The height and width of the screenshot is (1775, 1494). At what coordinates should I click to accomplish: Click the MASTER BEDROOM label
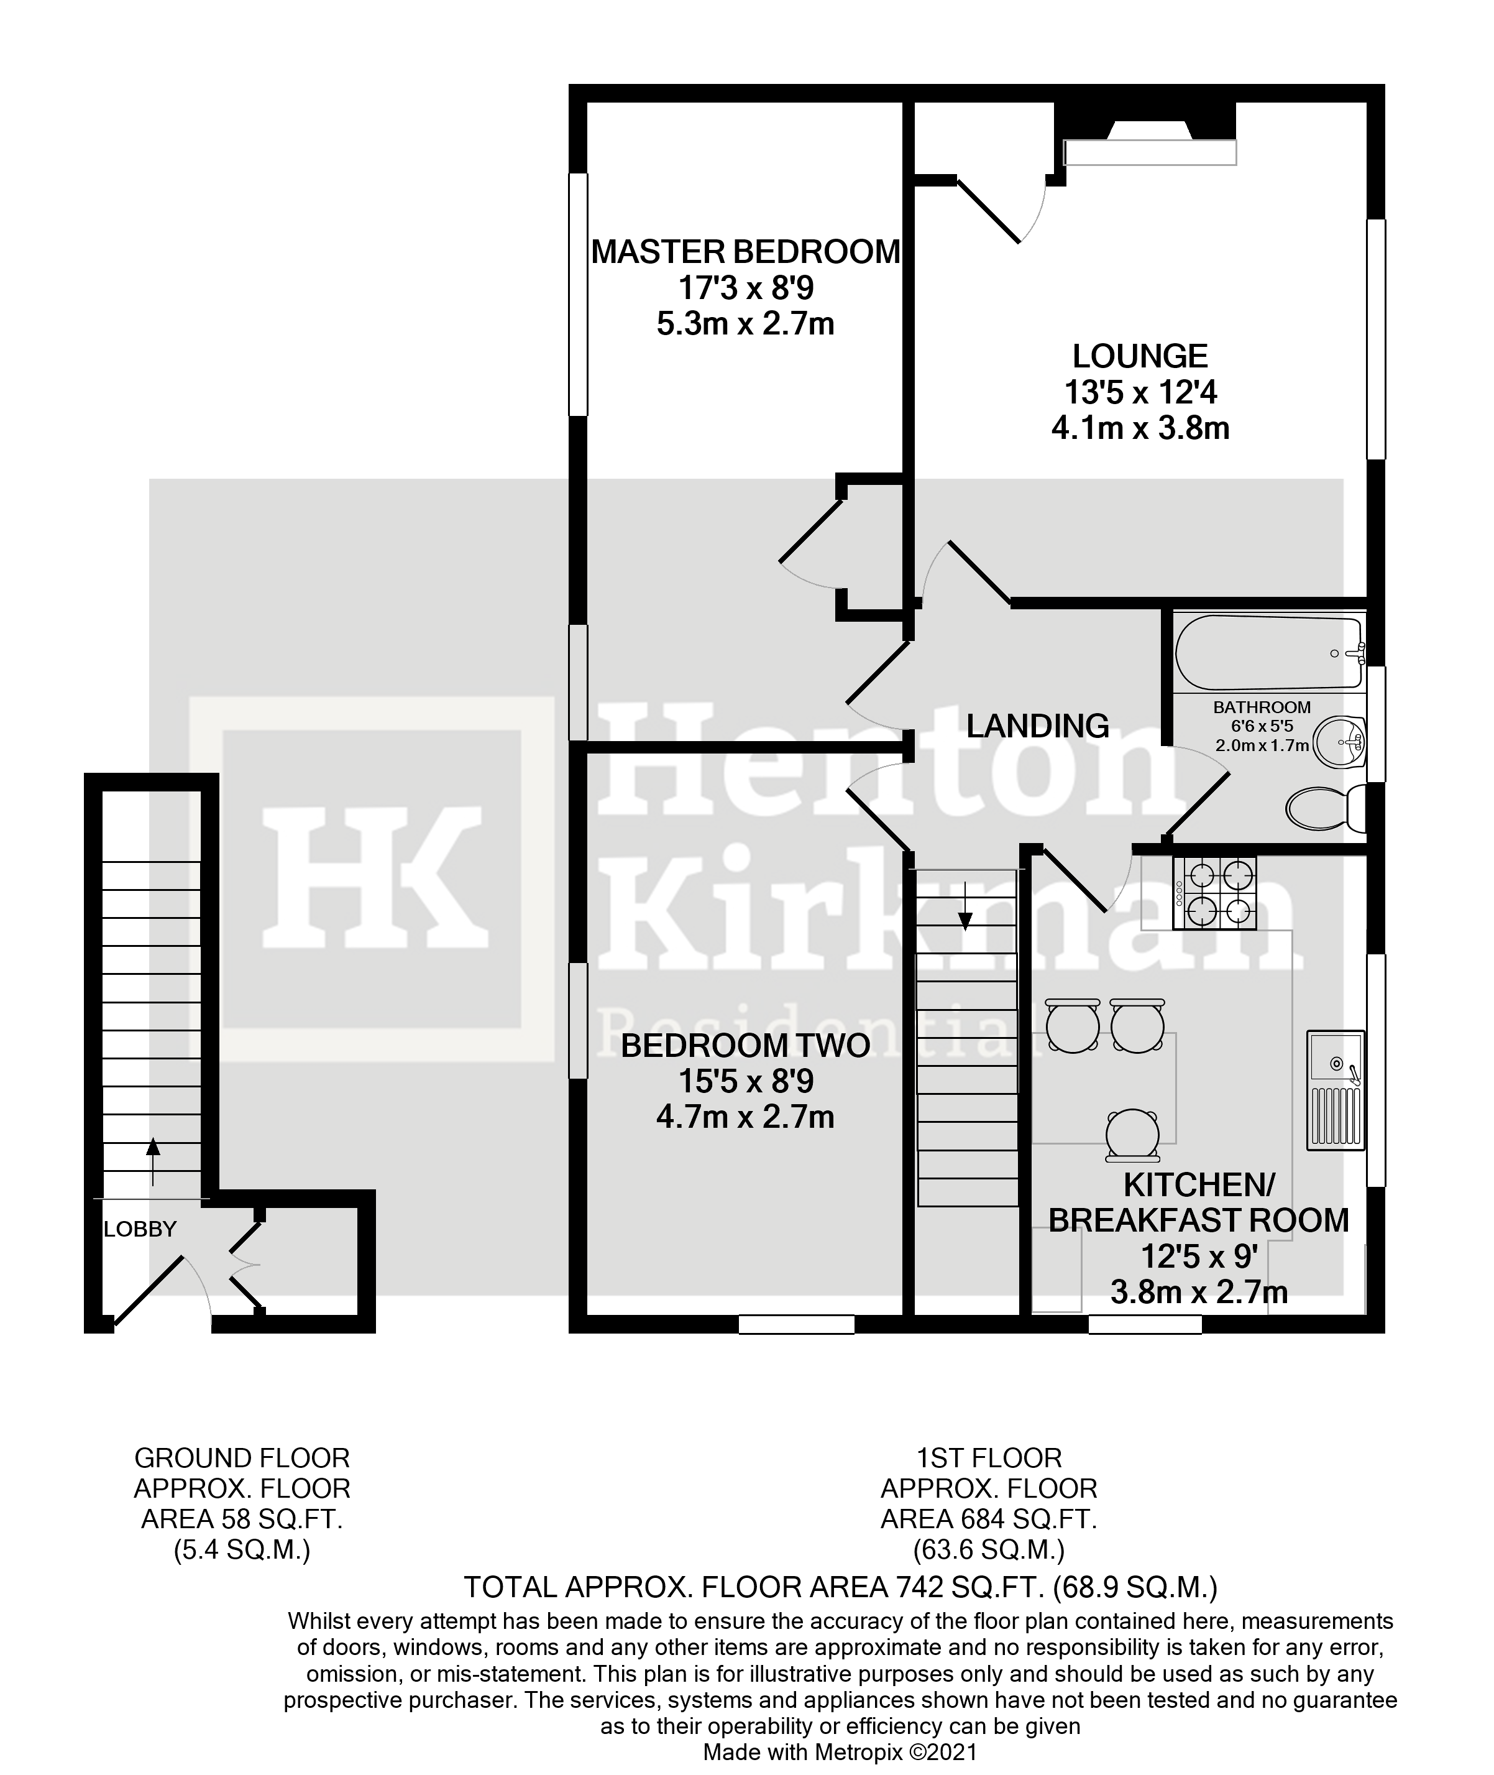point(745,252)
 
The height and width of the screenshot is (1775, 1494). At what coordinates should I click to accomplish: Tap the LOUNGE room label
point(1140,356)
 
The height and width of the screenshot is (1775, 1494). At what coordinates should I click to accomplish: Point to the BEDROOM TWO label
point(745,1046)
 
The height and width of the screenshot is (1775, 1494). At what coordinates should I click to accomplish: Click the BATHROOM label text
point(1261,708)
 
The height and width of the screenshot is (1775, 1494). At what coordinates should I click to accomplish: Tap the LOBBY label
point(140,1229)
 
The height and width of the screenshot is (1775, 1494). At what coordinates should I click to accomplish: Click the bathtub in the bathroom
point(1268,652)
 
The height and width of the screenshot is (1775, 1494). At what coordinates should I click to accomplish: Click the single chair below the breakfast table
point(1132,1135)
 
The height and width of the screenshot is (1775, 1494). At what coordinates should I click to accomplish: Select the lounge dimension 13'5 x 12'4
point(1140,392)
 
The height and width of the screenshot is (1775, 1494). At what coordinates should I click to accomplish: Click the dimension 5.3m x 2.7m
point(745,324)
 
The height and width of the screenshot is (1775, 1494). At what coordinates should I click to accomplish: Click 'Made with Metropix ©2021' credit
point(840,1751)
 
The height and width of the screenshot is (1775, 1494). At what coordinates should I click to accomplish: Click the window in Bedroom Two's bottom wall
point(796,1324)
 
